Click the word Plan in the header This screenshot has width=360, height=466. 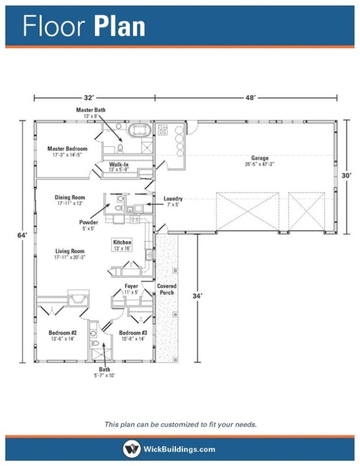click(x=119, y=27)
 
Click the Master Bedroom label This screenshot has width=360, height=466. click(x=67, y=149)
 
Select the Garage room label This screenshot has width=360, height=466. click(x=260, y=158)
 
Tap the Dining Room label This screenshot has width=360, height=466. click(x=70, y=198)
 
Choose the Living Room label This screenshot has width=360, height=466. click(x=70, y=251)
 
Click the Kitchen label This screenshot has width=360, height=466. click(x=122, y=242)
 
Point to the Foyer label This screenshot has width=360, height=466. click(x=131, y=286)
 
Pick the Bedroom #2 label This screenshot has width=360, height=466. click(x=61, y=333)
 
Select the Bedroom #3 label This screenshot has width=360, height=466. click(x=133, y=333)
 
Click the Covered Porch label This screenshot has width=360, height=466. click(x=166, y=289)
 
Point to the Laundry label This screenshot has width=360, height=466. click(x=173, y=199)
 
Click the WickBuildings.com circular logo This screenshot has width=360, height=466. click(x=132, y=449)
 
